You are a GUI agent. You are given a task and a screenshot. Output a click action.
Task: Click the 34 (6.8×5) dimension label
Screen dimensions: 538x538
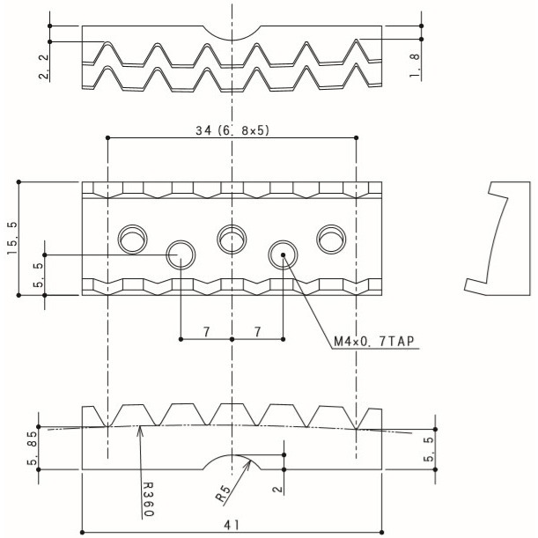pyautogui.click(x=232, y=130)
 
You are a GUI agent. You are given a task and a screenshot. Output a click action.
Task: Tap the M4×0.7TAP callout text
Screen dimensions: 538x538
pyautogui.click(x=374, y=341)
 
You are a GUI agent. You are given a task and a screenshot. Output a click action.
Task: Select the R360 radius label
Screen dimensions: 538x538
pyautogui.click(x=148, y=499)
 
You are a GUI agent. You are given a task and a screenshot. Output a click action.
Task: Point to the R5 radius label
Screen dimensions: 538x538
pyautogui.click(x=223, y=493)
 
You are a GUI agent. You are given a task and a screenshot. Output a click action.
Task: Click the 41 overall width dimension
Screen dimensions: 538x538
pyautogui.click(x=232, y=525)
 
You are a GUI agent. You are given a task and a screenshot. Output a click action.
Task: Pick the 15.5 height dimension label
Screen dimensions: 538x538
pyautogui.click(x=11, y=238)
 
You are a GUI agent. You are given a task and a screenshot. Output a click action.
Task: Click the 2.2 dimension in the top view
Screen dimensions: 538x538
pyautogui.click(x=44, y=66)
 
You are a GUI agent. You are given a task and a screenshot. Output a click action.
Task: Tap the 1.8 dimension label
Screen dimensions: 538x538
pyautogui.click(x=415, y=65)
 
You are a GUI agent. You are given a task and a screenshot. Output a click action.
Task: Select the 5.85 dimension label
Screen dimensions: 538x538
pyautogui.click(x=33, y=447)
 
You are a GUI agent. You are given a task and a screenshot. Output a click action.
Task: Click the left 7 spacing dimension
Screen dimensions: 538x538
pyautogui.click(x=206, y=332)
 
